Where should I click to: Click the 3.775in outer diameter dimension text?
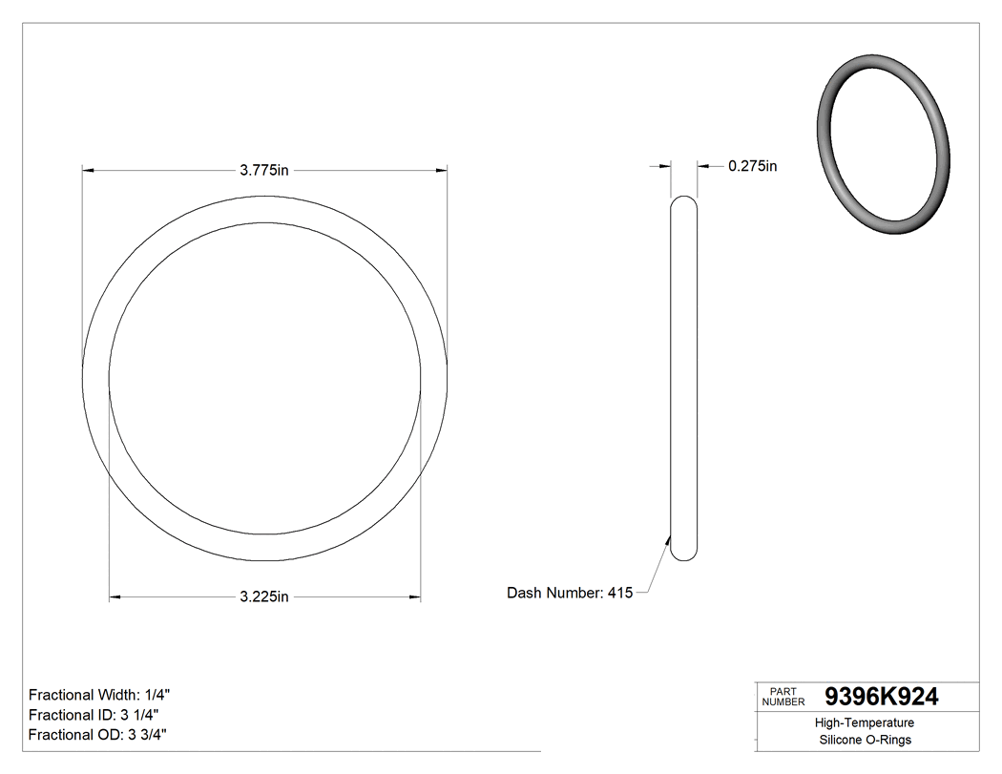click(264, 171)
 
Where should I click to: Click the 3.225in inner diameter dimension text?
click(264, 597)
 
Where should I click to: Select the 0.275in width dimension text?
click(752, 166)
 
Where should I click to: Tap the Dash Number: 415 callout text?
click(569, 593)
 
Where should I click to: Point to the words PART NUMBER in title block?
click(783, 696)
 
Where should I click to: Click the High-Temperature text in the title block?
click(866, 723)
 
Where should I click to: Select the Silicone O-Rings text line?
click(866, 740)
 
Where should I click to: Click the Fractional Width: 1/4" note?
click(100, 695)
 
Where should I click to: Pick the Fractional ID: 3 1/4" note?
click(94, 715)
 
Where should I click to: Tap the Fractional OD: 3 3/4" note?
click(98, 735)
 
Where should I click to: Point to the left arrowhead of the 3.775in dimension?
click(88, 171)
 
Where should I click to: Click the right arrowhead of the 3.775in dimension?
click(442, 171)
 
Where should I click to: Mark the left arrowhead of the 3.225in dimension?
click(115, 597)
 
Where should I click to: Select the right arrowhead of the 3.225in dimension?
click(415, 597)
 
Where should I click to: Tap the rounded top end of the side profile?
click(683, 200)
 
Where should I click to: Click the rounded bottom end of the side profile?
click(683, 556)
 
